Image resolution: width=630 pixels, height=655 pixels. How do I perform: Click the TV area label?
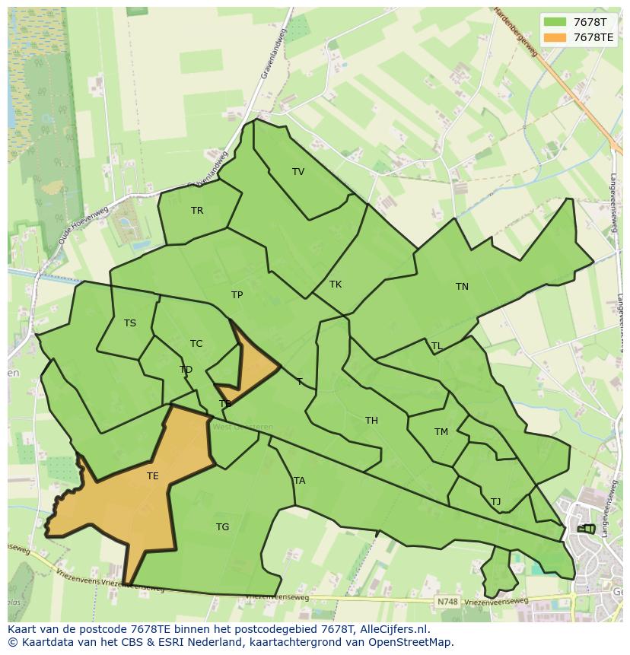coord(298,172)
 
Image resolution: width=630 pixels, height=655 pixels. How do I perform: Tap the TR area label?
coord(197,211)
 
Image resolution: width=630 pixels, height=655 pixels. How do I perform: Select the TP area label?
coord(237,295)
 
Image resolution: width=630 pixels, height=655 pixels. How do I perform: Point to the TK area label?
coord(336,285)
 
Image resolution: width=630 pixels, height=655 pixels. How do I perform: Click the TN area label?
coord(462,287)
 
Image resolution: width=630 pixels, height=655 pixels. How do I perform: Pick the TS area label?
coord(130,323)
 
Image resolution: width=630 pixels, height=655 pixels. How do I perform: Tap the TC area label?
coord(196,344)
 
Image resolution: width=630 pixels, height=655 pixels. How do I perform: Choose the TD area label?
coord(186,370)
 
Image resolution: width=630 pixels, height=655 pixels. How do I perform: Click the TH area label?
coord(371,421)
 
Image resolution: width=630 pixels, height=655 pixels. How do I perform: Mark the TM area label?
coord(441,432)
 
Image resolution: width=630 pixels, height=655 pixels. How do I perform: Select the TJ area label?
coord(495,502)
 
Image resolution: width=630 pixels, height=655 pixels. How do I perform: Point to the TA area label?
coord(299,481)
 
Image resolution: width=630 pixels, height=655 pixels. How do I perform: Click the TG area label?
coord(222,527)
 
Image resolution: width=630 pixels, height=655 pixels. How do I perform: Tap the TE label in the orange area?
coord(153,477)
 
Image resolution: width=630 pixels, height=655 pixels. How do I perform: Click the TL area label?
coord(437,346)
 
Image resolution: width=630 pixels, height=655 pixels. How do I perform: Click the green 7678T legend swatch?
coord(555,22)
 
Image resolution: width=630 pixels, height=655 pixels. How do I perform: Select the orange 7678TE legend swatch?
coord(555,37)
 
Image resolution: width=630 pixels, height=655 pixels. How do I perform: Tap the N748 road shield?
coord(447,602)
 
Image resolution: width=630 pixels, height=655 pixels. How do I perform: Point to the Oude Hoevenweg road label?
coord(83,225)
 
